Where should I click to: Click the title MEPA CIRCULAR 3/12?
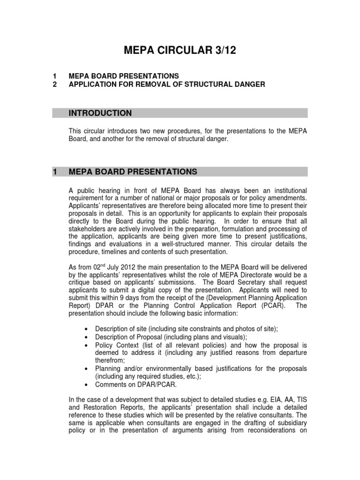click(180, 50)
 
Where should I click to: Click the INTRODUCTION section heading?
click(100, 113)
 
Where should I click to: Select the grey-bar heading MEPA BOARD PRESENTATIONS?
click(133, 172)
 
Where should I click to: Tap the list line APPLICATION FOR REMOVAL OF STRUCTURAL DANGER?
click(166, 84)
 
